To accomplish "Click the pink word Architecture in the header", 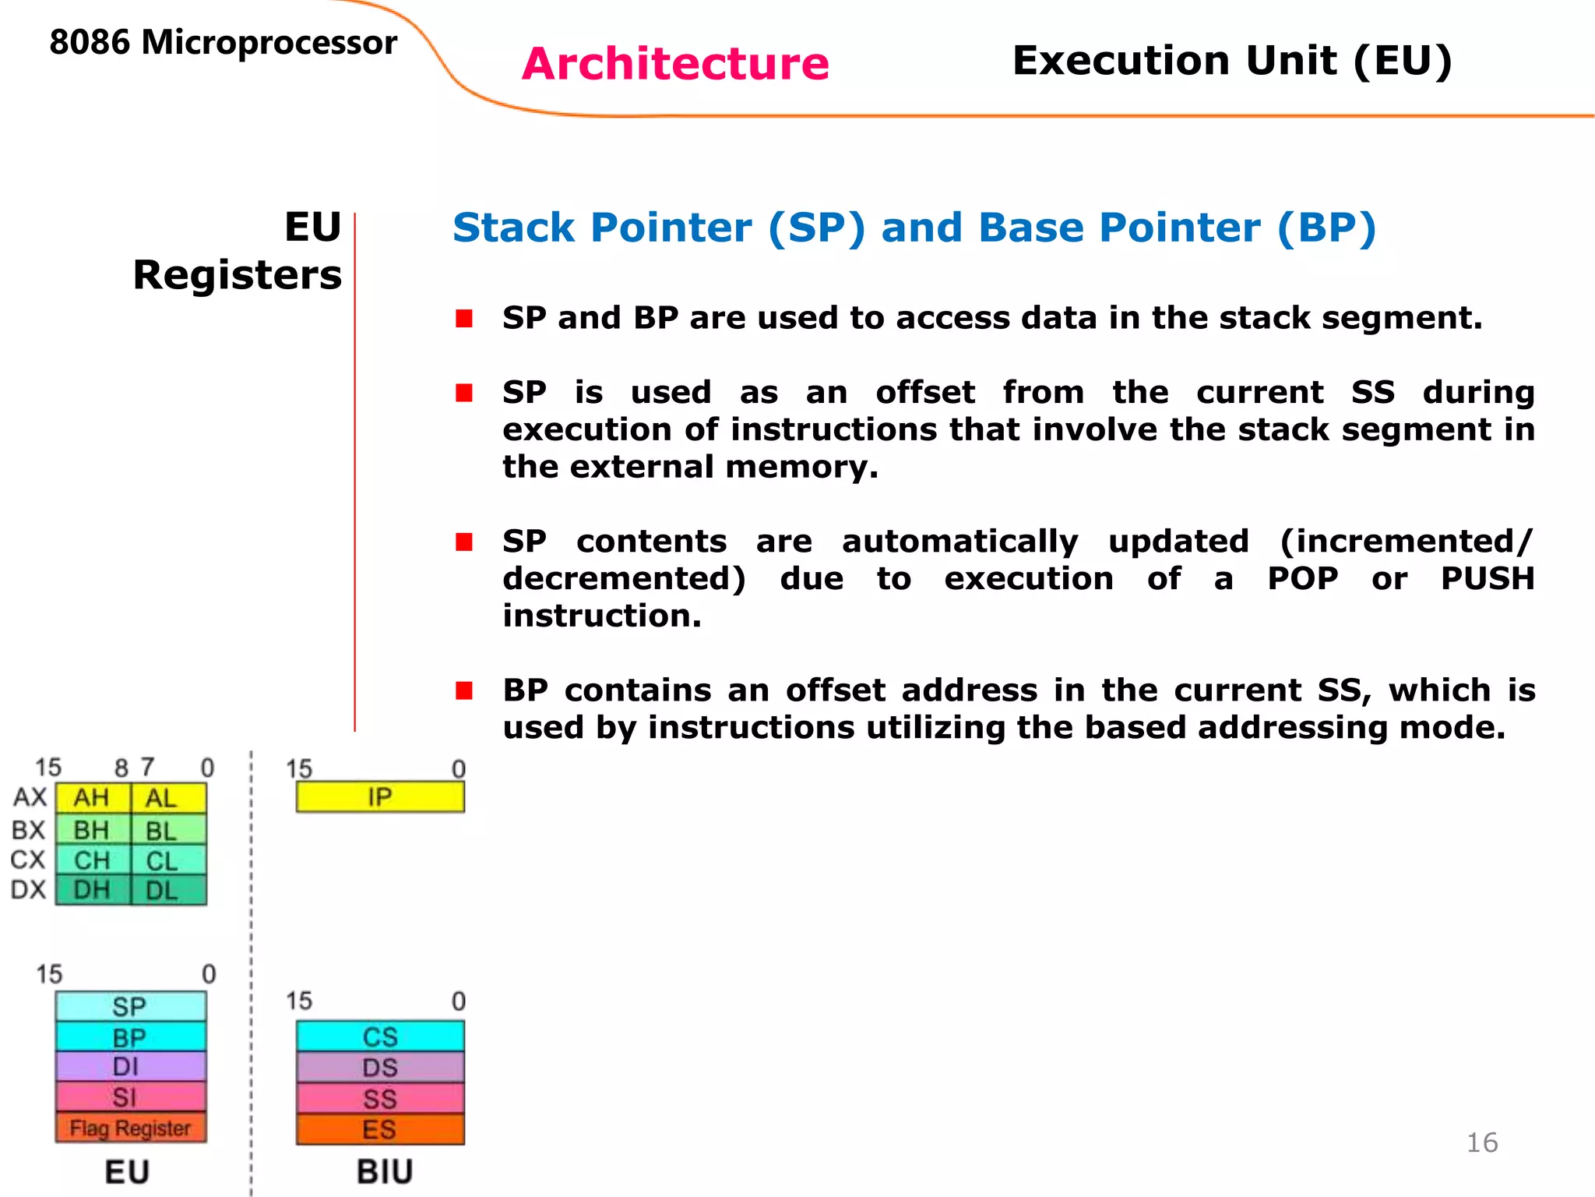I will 675,64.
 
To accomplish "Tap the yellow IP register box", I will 380,797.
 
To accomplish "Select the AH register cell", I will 92,798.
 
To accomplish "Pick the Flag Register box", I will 131,1128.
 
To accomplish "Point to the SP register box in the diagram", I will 131,1006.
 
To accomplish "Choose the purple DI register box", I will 131,1066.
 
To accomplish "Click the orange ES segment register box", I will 380,1129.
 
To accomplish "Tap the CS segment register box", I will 380,1036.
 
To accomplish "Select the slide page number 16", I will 1481,1142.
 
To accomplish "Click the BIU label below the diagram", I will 385,1172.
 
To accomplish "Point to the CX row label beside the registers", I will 28,860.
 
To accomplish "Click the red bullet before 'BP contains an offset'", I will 464,690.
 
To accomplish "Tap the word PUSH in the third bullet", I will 1487,579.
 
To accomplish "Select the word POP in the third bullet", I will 1302,579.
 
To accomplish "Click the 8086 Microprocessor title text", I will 223,43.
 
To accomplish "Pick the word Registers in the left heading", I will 238,275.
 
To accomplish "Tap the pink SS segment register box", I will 380,1099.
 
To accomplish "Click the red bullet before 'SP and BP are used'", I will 464,318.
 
